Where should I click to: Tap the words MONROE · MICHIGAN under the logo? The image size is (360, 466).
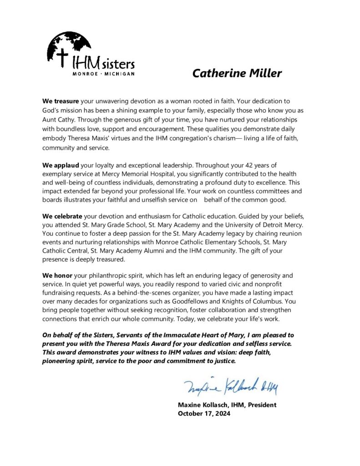(103, 73)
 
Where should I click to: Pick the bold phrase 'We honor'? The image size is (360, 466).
(56, 276)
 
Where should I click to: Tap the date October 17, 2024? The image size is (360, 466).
(204, 414)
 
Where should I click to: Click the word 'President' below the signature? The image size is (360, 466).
(261, 405)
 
